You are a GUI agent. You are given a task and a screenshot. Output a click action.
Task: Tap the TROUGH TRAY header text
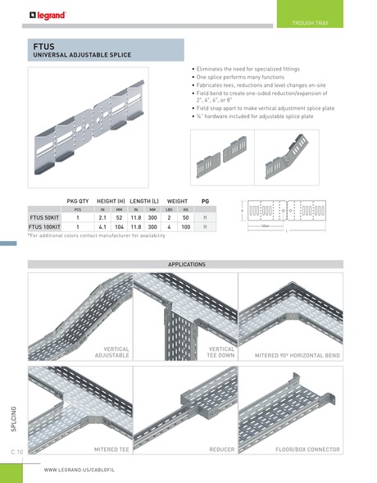coord(311,23)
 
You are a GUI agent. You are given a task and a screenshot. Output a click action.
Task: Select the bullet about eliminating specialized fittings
coord(244,71)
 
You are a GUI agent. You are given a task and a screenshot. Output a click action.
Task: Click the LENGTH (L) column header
coord(143,200)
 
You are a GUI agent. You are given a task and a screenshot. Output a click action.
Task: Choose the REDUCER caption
coord(221,449)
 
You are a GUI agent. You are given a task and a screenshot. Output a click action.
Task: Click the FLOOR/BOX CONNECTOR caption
coord(307,449)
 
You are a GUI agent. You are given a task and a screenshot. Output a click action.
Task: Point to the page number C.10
coord(16,451)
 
